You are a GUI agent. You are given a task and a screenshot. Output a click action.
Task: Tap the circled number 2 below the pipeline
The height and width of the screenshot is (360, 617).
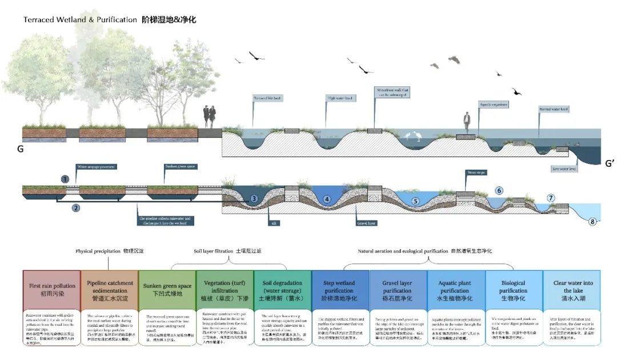click(x=75, y=208)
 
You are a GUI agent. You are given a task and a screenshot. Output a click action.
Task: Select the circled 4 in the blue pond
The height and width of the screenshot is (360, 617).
click(x=327, y=199)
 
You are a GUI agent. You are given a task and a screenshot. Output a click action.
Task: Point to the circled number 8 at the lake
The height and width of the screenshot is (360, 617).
click(x=592, y=221)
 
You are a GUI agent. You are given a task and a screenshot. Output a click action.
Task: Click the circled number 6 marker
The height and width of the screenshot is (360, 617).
click(x=499, y=190)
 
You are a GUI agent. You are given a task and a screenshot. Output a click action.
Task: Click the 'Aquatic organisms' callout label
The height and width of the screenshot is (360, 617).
click(x=494, y=105)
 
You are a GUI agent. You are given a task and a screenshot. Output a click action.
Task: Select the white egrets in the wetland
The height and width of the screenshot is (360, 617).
click(x=411, y=136)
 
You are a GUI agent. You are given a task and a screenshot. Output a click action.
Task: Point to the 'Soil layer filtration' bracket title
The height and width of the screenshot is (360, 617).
click(x=228, y=251)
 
